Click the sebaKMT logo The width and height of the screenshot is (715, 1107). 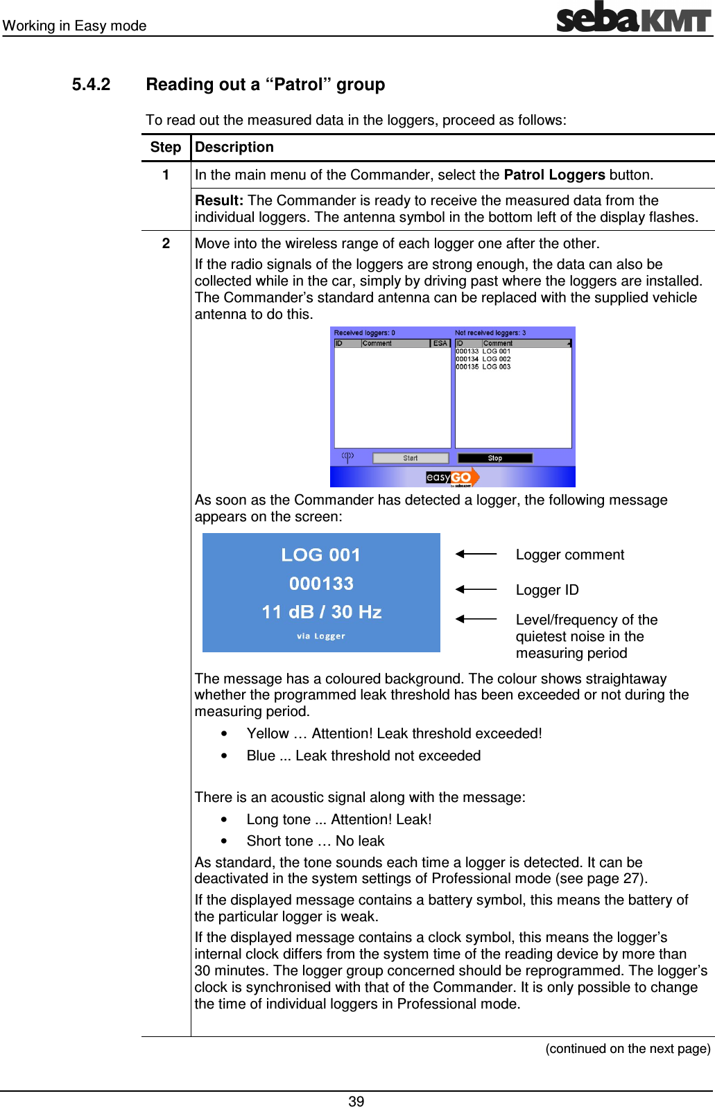click(x=633, y=17)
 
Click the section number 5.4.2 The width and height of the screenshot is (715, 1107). click(x=91, y=85)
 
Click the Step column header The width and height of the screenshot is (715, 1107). click(x=165, y=147)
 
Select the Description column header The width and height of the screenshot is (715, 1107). click(x=234, y=147)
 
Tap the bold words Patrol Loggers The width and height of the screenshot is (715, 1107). click(x=554, y=175)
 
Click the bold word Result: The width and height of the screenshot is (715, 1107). click(x=218, y=200)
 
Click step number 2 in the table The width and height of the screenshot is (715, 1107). click(x=166, y=243)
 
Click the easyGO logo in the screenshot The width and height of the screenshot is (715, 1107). click(x=451, y=477)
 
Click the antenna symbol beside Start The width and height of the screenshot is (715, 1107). click(x=347, y=457)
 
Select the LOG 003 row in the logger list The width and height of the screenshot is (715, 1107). click(x=483, y=367)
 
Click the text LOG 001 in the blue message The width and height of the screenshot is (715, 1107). click(x=320, y=555)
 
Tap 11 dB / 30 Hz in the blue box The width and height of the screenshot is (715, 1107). click(x=321, y=611)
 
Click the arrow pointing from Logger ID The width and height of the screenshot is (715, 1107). click(x=476, y=589)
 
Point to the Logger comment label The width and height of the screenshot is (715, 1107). click(x=569, y=555)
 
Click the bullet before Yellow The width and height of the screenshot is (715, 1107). click(x=224, y=733)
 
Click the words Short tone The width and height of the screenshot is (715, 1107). click(x=279, y=841)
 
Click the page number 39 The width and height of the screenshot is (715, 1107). click(x=356, y=1101)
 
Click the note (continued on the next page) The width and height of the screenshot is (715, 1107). click(x=628, y=1048)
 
